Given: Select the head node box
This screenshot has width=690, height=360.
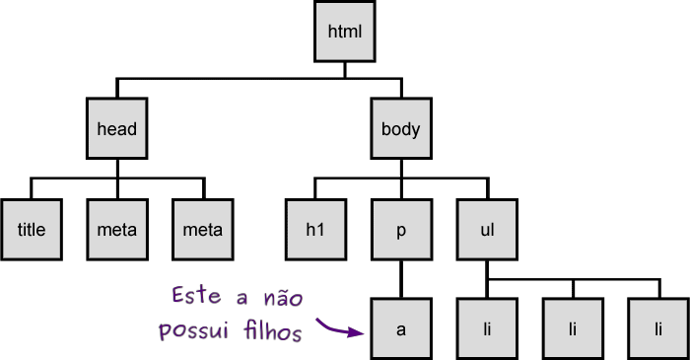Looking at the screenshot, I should coord(116,129).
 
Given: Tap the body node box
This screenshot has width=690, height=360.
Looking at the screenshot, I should coord(400,129).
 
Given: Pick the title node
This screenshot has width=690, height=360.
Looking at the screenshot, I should coord(32,230).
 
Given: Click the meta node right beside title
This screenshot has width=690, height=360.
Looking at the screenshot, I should coord(116,230).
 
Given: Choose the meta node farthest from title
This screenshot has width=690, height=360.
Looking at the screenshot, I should coord(203,230).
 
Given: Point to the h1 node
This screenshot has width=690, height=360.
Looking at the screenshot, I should coord(315,230).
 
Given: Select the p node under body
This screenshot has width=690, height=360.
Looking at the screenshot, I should coord(400,230).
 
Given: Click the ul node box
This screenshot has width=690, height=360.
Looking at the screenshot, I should coord(486,230).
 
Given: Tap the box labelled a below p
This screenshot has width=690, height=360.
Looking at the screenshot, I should coord(400,328).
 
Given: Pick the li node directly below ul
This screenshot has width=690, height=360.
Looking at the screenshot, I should coord(486,328).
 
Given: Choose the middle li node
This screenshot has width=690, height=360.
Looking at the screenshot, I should coord(573,328).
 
